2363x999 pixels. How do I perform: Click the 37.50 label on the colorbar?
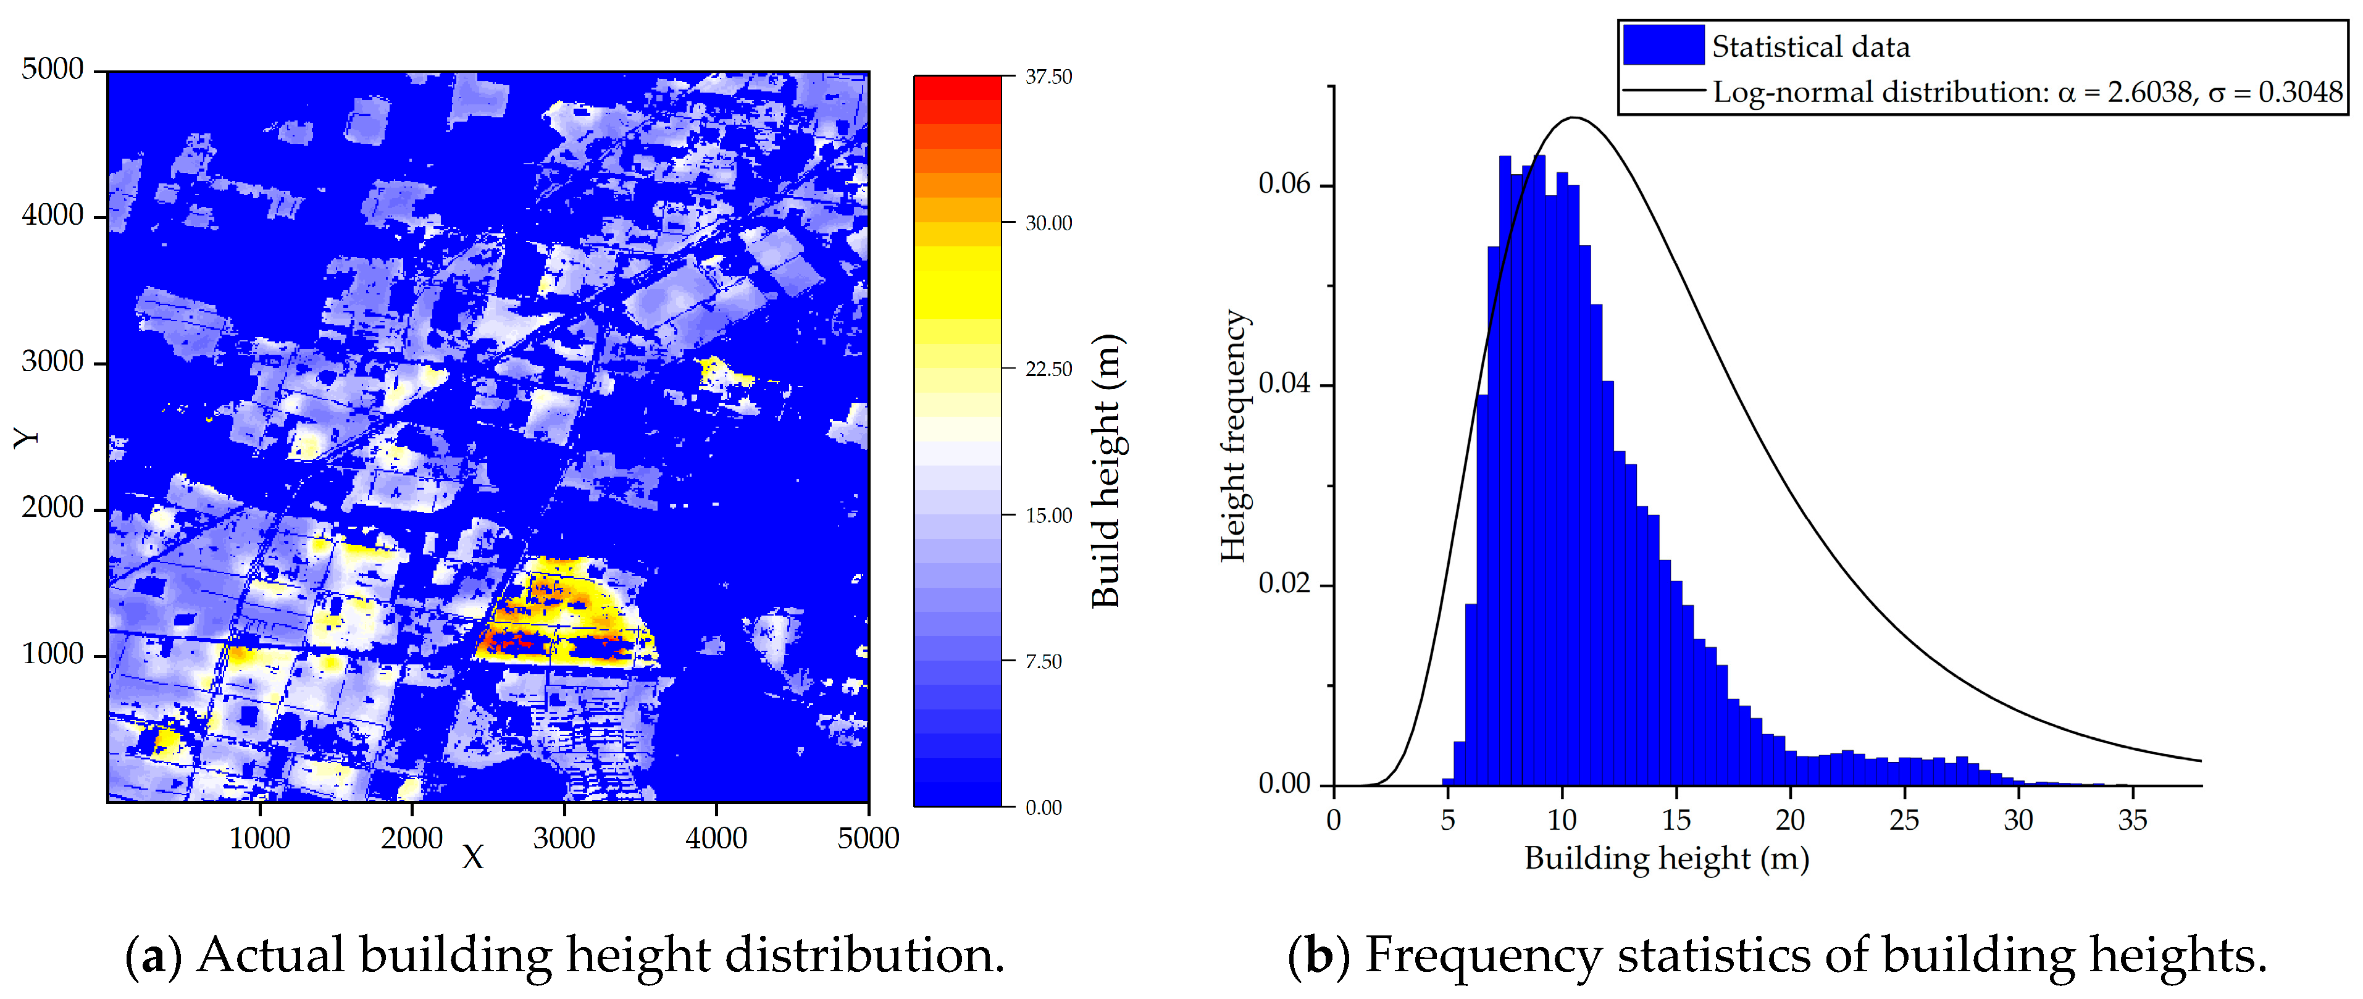point(1048,77)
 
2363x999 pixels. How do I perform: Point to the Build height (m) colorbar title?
point(1106,470)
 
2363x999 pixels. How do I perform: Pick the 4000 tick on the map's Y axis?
point(52,215)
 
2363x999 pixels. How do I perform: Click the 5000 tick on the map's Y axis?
point(52,69)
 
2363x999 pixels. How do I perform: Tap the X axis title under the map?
point(472,858)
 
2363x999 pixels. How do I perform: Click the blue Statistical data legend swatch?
point(1662,46)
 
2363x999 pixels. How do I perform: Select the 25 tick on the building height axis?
point(1904,820)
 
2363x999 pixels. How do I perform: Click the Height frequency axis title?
point(1233,436)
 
